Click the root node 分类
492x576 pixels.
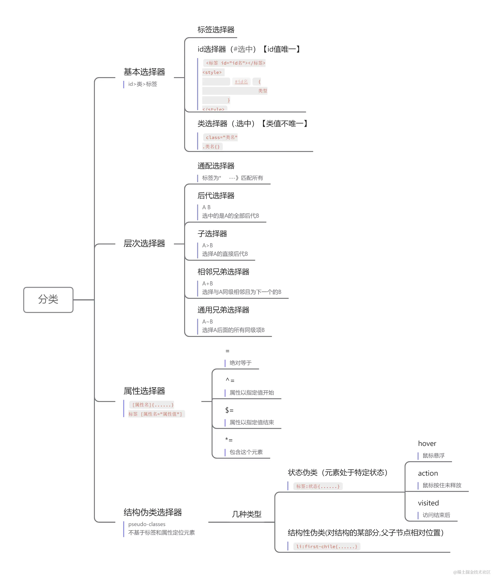tap(48, 300)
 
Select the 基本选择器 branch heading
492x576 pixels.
tap(144, 72)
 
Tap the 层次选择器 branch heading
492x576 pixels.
tap(144, 244)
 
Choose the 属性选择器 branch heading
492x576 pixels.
tap(144, 391)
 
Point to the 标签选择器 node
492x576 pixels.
tap(216, 30)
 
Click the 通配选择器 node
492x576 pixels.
tap(216, 166)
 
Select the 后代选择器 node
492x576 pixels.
tap(216, 196)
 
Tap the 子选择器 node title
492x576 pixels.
tap(212, 234)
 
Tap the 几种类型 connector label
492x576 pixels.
tap(246, 514)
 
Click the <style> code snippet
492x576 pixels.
tap(212, 72)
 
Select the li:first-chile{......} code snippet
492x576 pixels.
tap(326, 546)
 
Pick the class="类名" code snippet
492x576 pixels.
tap(221, 137)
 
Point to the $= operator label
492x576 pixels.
tap(229, 410)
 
